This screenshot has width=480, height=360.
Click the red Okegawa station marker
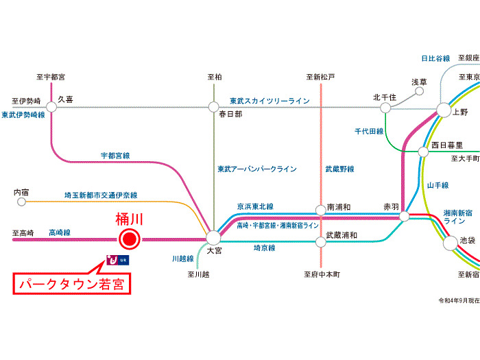(x=130, y=239)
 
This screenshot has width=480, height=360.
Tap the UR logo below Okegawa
(x=117, y=260)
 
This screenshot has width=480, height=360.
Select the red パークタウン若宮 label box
(x=71, y=284)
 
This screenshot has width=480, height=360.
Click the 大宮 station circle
(x=213, y=238)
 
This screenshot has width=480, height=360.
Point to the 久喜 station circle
(x=51, y=107)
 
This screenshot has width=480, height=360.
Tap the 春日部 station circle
(x=213, y=107)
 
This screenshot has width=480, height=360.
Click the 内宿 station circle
(x=21, y=202)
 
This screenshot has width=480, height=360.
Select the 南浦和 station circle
(x=320, y=211)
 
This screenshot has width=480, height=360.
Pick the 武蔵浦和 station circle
(x=320, y=242)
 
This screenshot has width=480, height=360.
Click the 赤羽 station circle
(x=404, y=216)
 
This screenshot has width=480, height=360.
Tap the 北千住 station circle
(x=385, y=108)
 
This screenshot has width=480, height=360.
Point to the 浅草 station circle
(x=420, y=91)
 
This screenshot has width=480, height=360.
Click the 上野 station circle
(x=444, y=110)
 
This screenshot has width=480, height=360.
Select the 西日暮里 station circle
(x=423, y=152)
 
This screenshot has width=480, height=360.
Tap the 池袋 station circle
(x=451, y=243)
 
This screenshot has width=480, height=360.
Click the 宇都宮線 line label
(x=115, y=156)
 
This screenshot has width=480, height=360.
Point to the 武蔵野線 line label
(x=340, y=169)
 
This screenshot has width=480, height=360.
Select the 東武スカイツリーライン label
(x=269, y=101)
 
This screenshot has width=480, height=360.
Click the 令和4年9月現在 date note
(x=459, y=300)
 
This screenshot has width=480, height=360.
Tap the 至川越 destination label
(x=198, y=274)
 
